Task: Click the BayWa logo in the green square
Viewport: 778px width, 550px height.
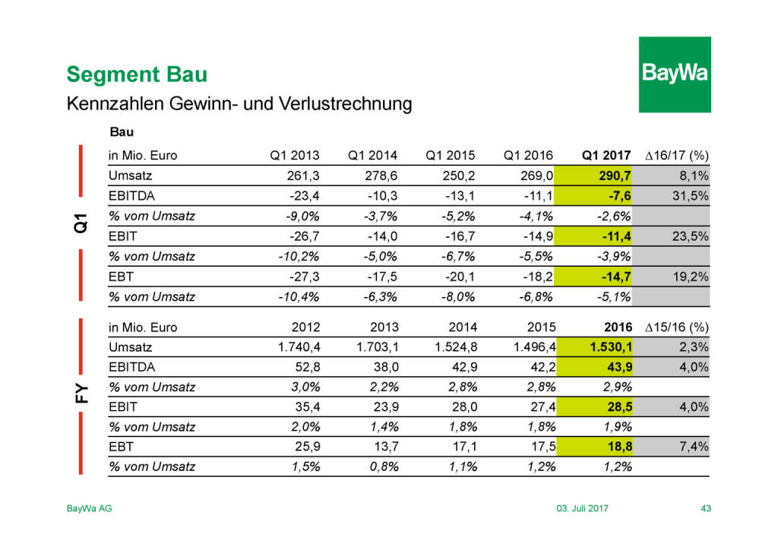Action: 674,74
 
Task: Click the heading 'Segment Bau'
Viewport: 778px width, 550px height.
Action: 137,74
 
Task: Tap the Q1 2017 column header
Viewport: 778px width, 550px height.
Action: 606,156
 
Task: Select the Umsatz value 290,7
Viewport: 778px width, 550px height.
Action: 613,176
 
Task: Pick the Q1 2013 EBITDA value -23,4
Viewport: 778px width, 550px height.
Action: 303,196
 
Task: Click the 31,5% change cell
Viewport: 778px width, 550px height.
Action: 692,196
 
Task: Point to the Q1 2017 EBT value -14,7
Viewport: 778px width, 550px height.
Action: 613,277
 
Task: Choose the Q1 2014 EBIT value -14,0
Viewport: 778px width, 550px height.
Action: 381,236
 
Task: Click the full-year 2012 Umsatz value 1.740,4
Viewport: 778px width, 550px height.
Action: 295,347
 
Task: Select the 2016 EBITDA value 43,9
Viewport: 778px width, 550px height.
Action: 617,367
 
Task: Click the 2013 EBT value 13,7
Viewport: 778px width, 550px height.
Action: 385,447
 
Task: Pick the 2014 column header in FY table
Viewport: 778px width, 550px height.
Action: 463,327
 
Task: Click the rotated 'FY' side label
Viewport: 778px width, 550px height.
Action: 81,394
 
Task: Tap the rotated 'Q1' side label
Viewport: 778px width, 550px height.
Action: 81,223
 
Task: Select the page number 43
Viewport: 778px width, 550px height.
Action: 705,508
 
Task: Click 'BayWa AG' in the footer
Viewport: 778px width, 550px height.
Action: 90,508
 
